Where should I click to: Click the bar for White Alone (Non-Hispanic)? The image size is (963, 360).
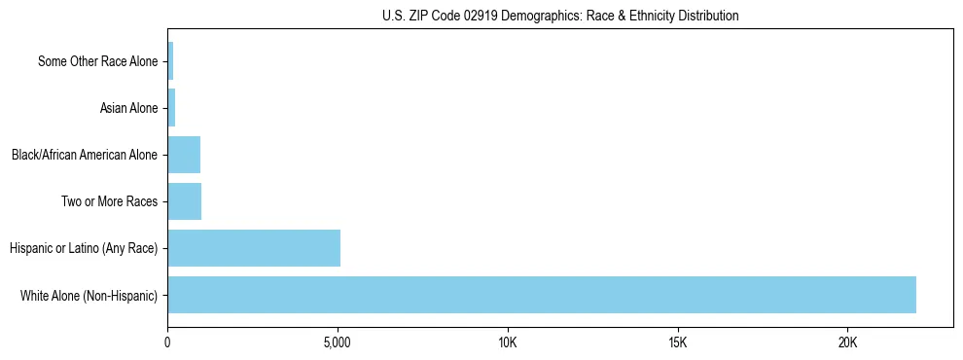(542, 295)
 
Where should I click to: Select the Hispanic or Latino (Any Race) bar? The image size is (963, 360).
(254, 248)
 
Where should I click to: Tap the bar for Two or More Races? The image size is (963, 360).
(184, 201)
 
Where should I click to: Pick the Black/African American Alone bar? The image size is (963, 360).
(184, 155)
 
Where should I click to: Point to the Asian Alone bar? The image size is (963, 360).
(171, 108)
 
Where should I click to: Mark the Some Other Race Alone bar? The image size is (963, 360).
(170, 61)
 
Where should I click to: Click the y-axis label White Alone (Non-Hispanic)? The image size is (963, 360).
(89, 295)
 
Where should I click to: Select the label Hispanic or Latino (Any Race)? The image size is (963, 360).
(84, 248)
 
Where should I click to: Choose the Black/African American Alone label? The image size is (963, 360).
(85, 155)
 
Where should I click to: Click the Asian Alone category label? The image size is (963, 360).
(128, 108)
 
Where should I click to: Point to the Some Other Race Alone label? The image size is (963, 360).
(97, 61)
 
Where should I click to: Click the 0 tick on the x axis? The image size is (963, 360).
(167, 343)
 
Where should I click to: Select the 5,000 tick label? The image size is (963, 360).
(338, 343)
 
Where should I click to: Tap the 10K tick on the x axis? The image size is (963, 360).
(508, 343)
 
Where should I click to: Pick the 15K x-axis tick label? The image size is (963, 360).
(678, 343)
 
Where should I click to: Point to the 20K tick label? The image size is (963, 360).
(848, 343)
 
